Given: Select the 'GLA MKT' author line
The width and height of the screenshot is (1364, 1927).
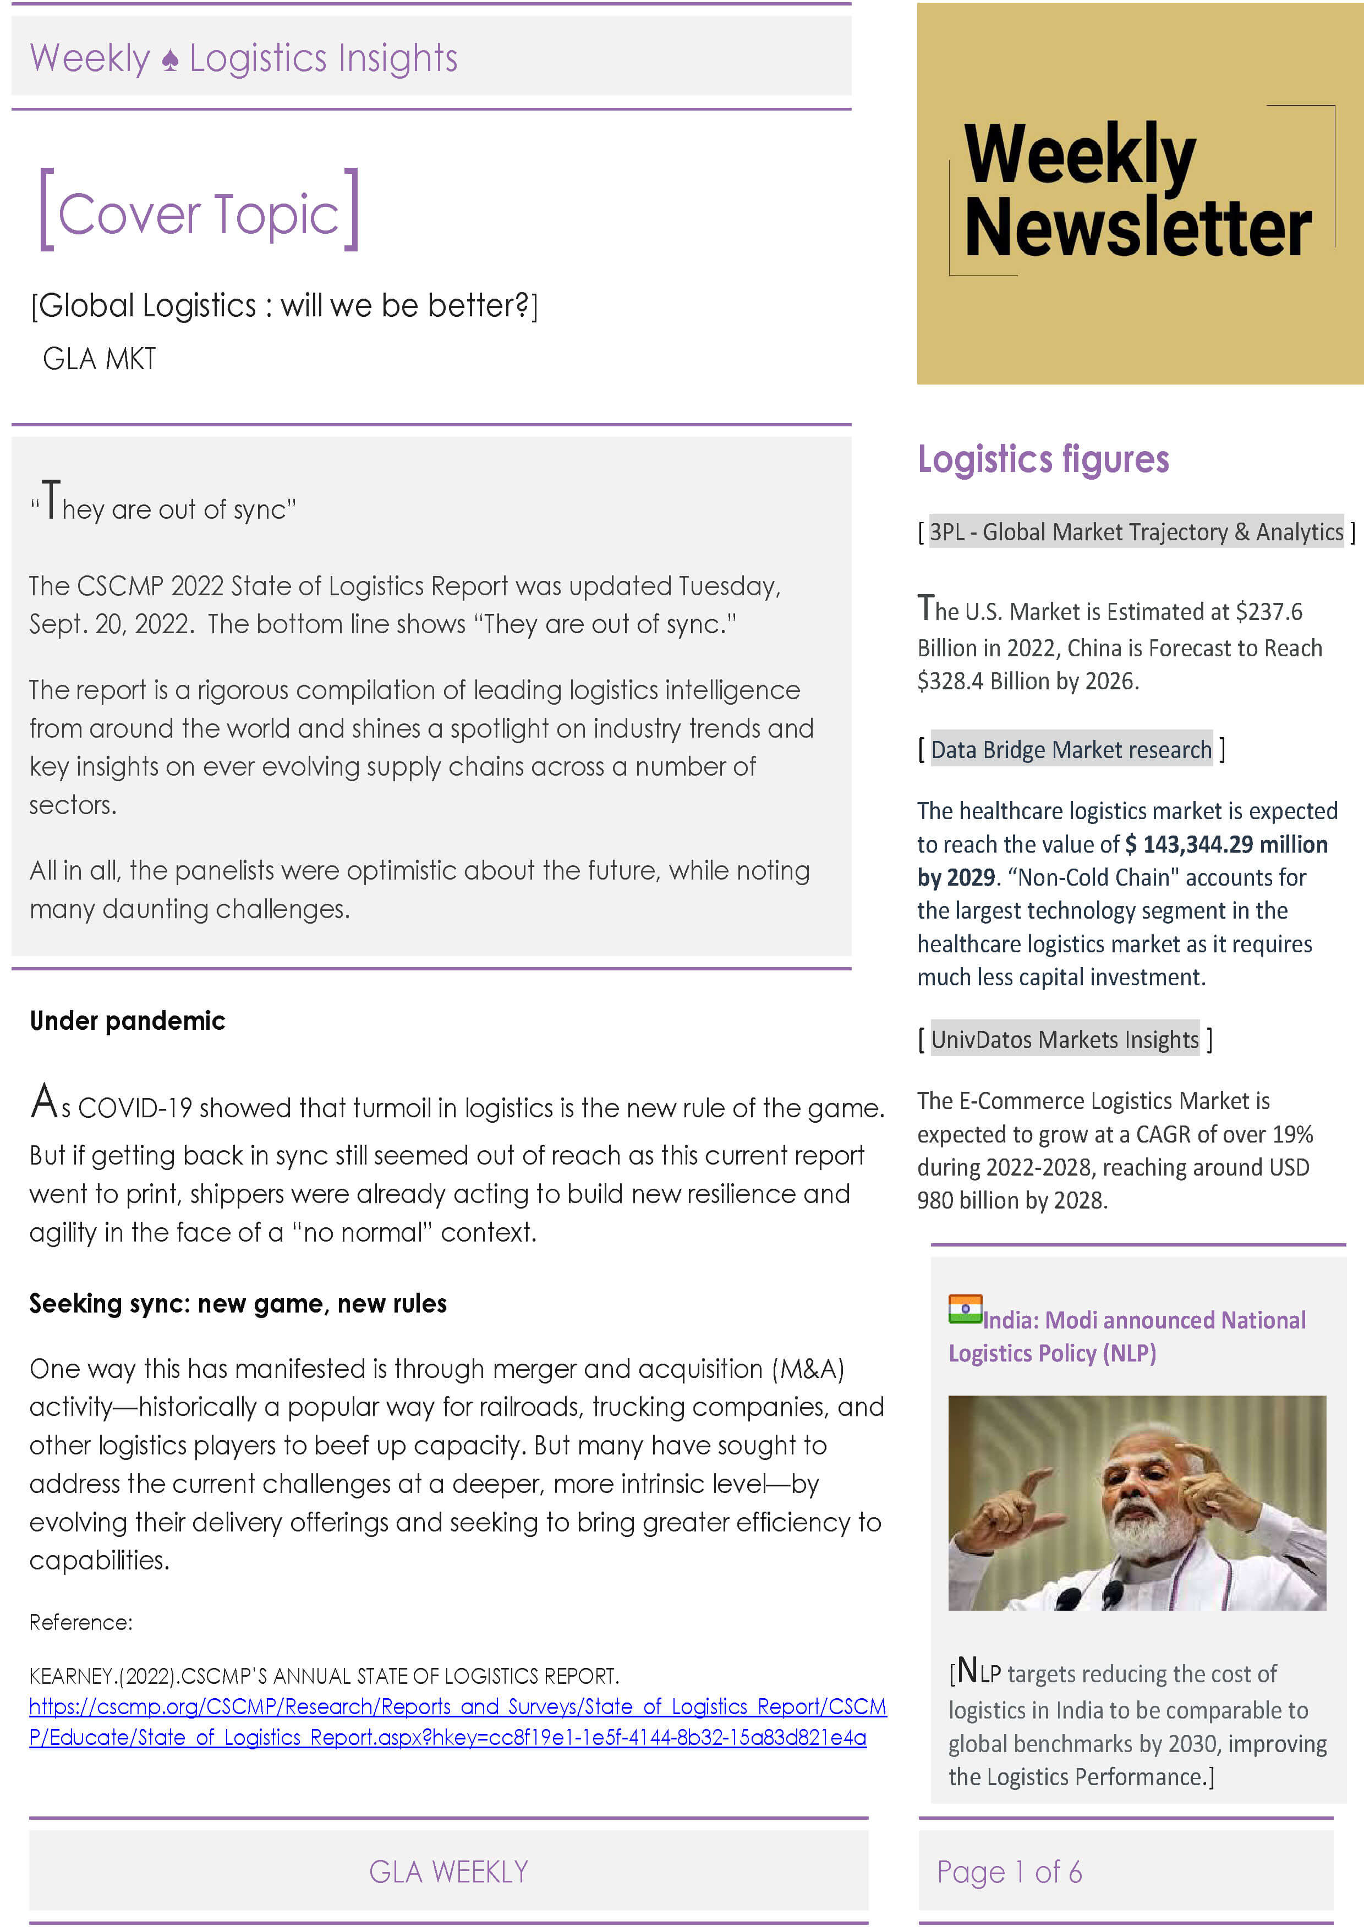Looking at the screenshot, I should click(99, 359).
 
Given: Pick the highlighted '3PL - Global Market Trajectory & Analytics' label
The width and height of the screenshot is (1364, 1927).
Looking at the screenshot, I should click(1136, 531).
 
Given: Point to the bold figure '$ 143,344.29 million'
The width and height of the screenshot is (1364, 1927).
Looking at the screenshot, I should click(1226, 844).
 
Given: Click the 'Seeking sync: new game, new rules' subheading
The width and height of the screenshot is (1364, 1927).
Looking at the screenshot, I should click(238, 1303).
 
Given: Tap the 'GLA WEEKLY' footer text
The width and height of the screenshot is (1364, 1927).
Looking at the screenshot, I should click(448, 1871).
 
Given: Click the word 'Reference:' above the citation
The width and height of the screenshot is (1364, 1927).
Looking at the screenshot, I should click(81, 1622).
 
